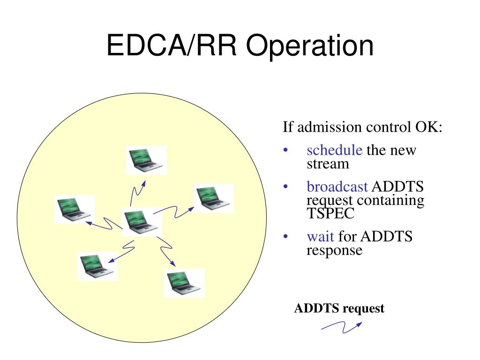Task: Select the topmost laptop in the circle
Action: click(x=146, y=160)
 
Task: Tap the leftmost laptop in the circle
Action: click(x=74, y=209)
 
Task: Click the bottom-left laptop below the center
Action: click(x=97, y=266)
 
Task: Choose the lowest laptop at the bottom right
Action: click(x=184, y=283)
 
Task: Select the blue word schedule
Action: click(x=334, y=150)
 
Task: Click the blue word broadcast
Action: click(x=337, y=187)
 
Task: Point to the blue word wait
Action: click(x=320, y=236)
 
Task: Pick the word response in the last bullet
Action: click(x=334, y=250)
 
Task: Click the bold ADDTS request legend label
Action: click(x=339, y=308)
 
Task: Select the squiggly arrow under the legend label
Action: click(x=341, y=326)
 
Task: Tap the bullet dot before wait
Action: click(x=285, y=237)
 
